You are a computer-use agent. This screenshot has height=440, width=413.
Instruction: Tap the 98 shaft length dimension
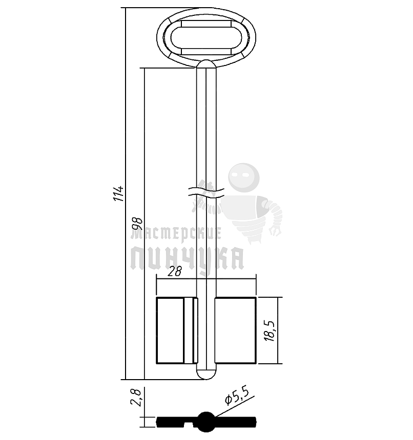pos(138,224)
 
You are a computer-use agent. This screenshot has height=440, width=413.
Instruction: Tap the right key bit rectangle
pos(235,330)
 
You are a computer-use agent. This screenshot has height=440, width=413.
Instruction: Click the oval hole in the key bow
pos(206,37)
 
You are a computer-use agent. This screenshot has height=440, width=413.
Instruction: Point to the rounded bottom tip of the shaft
pos(206,373)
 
